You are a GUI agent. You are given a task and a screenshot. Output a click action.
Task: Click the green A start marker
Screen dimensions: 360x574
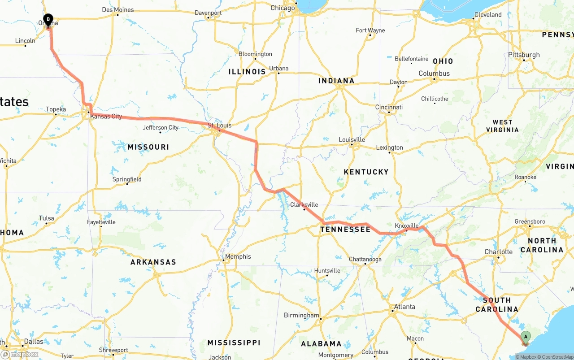(x=526, y=337)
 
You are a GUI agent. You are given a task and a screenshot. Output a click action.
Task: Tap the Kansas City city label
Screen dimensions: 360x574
(x=106, y=117)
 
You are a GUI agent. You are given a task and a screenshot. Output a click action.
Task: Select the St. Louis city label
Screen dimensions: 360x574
(x=220, y=126)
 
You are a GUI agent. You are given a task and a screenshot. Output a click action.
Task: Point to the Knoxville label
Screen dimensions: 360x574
(x=407, y=226)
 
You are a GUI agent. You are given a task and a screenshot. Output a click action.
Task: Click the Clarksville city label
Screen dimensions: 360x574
(x=304, y=205)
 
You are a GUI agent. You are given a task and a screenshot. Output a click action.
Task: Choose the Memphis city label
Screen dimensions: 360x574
(x=238, y=256)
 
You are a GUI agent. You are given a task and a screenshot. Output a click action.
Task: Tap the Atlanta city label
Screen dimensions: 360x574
(x=404, y=307)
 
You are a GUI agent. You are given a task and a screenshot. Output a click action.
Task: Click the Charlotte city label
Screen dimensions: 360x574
(x=498, y=252)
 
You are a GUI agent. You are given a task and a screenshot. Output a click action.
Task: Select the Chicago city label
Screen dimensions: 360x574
(x=283, y=8)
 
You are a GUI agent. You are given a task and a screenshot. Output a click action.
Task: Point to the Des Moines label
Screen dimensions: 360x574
(x=118, y=10)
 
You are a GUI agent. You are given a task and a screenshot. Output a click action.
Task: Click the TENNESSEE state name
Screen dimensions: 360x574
(x=345, y=230)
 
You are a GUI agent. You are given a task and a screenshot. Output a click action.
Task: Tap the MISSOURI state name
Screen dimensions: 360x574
(x=148, y=147)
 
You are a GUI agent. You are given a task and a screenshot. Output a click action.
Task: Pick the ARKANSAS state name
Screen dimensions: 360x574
(x=153, y=262)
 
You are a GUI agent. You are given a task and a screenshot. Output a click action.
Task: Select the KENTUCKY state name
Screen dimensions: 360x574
(x=366, y=172)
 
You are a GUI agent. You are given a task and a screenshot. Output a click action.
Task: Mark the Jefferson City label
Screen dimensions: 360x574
(x=161, y=128)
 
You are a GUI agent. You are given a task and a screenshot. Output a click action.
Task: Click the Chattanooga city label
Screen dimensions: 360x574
(x=365, y=259)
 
